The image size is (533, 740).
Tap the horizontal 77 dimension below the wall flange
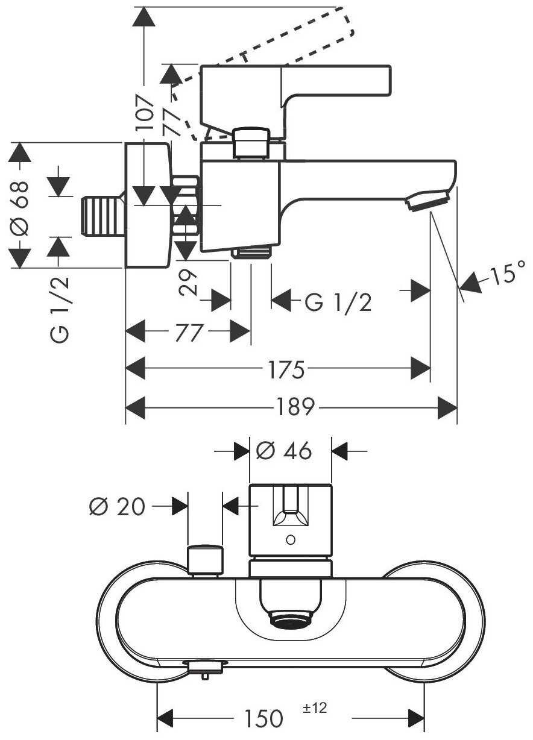188,332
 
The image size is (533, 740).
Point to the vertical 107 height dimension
145,112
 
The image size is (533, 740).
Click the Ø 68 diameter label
19,205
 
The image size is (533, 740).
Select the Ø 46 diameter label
284,451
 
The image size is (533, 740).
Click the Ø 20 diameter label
117,507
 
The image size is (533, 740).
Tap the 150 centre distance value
263,718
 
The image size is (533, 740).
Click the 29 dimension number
189,281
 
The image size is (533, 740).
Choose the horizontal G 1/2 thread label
338,303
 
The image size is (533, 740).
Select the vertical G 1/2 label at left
60,309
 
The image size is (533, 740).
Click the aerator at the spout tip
428,201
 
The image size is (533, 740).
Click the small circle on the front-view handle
291,539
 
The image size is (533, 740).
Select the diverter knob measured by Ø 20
206,560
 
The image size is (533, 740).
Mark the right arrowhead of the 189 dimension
448,408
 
